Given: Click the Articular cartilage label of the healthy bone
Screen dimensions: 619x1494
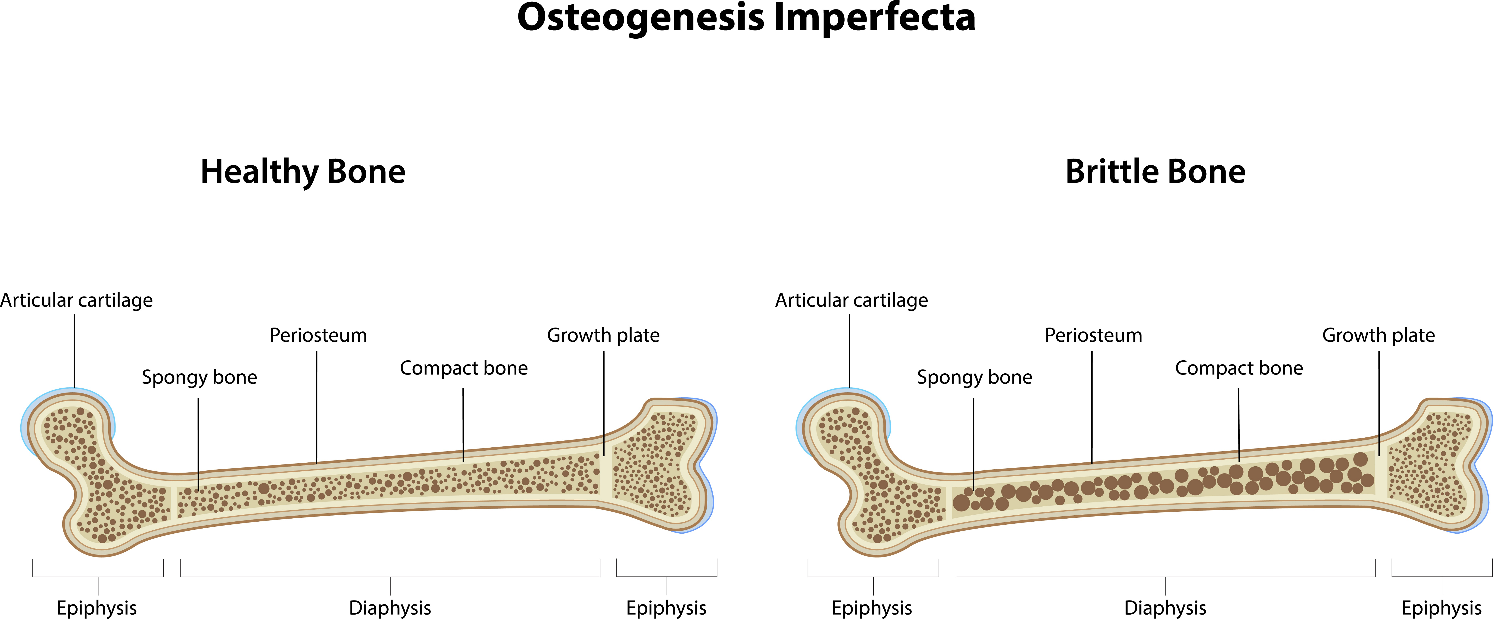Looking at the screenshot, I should point(77,300).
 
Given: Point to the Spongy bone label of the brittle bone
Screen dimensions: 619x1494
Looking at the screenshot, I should point(974,377).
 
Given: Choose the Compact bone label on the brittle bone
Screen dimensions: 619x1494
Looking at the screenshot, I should point(1239,368).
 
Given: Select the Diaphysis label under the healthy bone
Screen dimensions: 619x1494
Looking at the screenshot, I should point(390,608).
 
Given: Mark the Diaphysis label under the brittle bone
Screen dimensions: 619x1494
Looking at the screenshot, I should point(1165,608).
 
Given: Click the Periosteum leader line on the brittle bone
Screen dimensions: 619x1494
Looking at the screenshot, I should point(1092,406).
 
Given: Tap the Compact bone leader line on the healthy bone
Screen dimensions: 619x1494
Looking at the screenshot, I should point(463,423).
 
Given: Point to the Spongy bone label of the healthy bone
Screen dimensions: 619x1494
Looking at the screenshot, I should point(200,377).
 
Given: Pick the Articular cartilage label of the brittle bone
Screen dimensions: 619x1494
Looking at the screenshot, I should point(851,300).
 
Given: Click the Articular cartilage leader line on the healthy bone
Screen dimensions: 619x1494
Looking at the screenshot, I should point(74,351).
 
